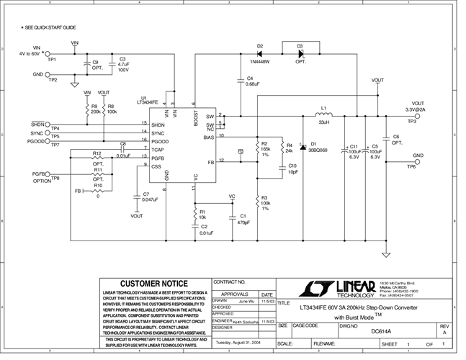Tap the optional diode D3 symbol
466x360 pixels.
301,54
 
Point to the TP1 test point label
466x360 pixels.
52,60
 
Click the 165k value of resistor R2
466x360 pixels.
266,149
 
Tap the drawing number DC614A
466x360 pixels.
380,332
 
